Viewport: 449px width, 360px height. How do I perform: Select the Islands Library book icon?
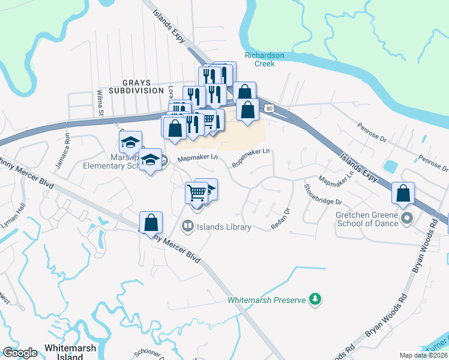point(187,226)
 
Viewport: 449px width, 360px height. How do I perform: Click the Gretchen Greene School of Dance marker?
point(407,217)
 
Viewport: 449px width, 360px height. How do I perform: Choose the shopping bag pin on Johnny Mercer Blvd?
point(151,222)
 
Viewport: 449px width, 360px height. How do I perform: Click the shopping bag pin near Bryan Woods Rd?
point(403,193)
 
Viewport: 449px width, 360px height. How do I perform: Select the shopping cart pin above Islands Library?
point(197,193)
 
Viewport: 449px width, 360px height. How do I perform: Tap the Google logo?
point(20,353)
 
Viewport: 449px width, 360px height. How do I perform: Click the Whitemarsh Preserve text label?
point(267,299)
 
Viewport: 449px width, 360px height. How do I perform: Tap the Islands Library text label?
point(225,227)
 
